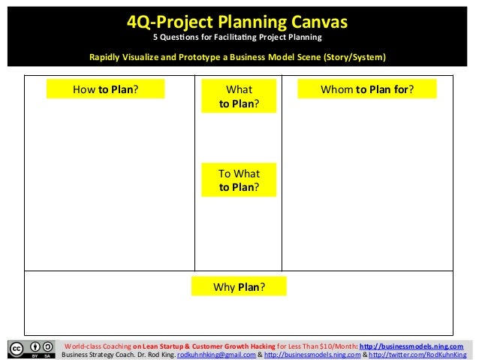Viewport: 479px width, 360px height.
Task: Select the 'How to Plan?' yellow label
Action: pos(105,89)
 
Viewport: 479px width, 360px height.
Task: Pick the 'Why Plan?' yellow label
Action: pos(239,287)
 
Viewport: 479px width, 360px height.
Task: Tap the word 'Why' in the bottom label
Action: pos(225,287)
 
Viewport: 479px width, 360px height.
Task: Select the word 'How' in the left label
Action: pos(83,89)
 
